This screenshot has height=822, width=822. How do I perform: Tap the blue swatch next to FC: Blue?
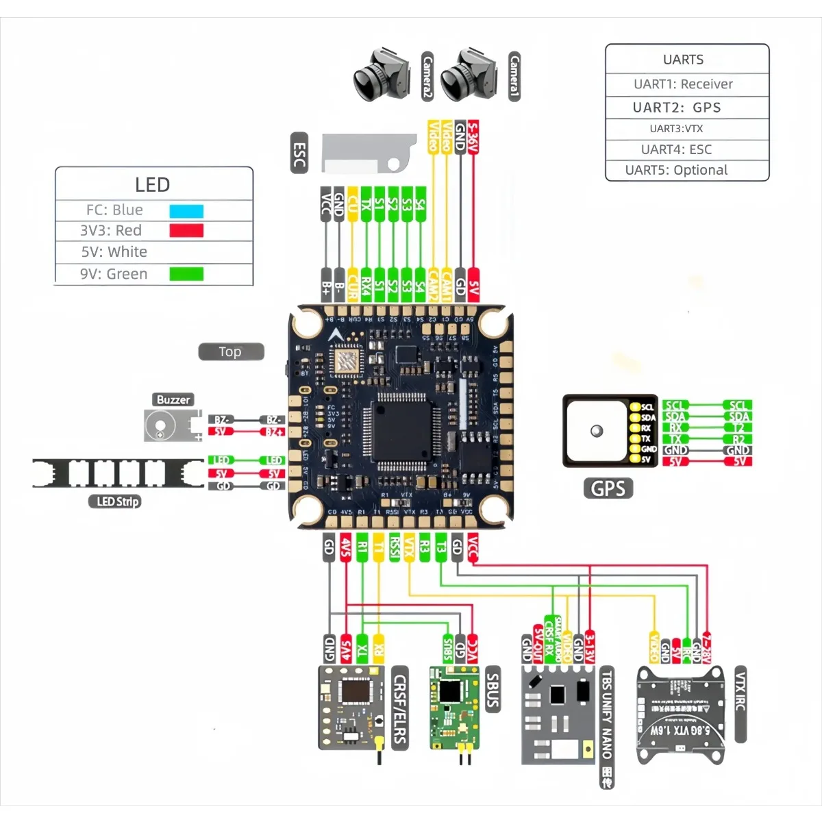point(186,211)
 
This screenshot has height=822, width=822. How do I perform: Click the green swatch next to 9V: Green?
point(186,274)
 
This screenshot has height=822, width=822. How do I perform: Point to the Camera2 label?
point(427,76)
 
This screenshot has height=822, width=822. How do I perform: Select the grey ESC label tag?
point(299,153)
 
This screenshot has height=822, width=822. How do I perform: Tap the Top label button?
point(231,351)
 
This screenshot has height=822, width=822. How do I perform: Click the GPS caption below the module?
point(608,488)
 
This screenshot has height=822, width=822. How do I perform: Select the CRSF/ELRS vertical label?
point(400,708)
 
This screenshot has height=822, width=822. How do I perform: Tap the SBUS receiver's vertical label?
point(492,690)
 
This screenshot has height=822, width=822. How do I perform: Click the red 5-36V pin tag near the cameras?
point(473,137)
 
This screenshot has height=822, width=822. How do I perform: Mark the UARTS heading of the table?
point(683,60)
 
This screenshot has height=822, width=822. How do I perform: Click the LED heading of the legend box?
point(152,185)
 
